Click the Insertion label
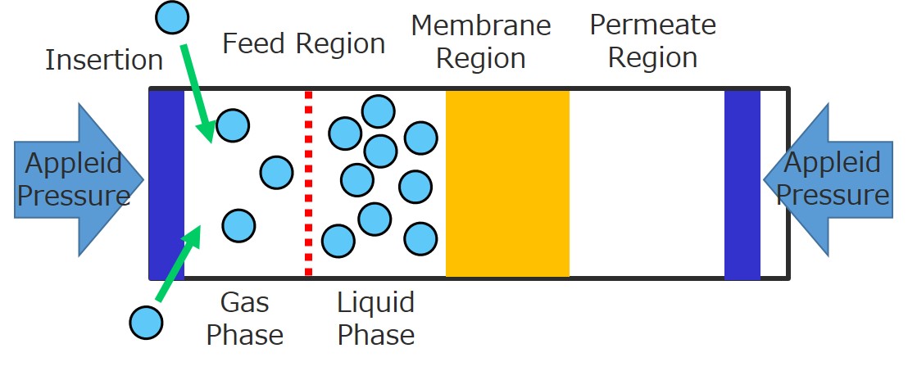click(x=104, y=60)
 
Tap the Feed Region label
click(x=303, y=43)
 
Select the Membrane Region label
click(x=480, y=42)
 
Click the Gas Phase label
click(x=244, y=319)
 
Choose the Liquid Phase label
click(x=376, y=319)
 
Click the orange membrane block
click(x=507, y=183)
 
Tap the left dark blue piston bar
click(x=166, y=183)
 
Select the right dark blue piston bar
click(x=742, y=183)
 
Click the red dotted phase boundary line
click(x=308, y=183)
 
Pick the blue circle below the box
click(x=147, y=322)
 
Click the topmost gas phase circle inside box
click(x=234, y=125)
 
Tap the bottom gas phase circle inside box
click(x=238, y=224)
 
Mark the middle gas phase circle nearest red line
click(x=276, y=172)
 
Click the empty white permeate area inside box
click(x=647, y=183)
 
